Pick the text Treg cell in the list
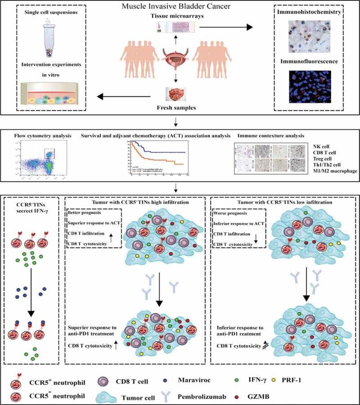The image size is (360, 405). (309, 159)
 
